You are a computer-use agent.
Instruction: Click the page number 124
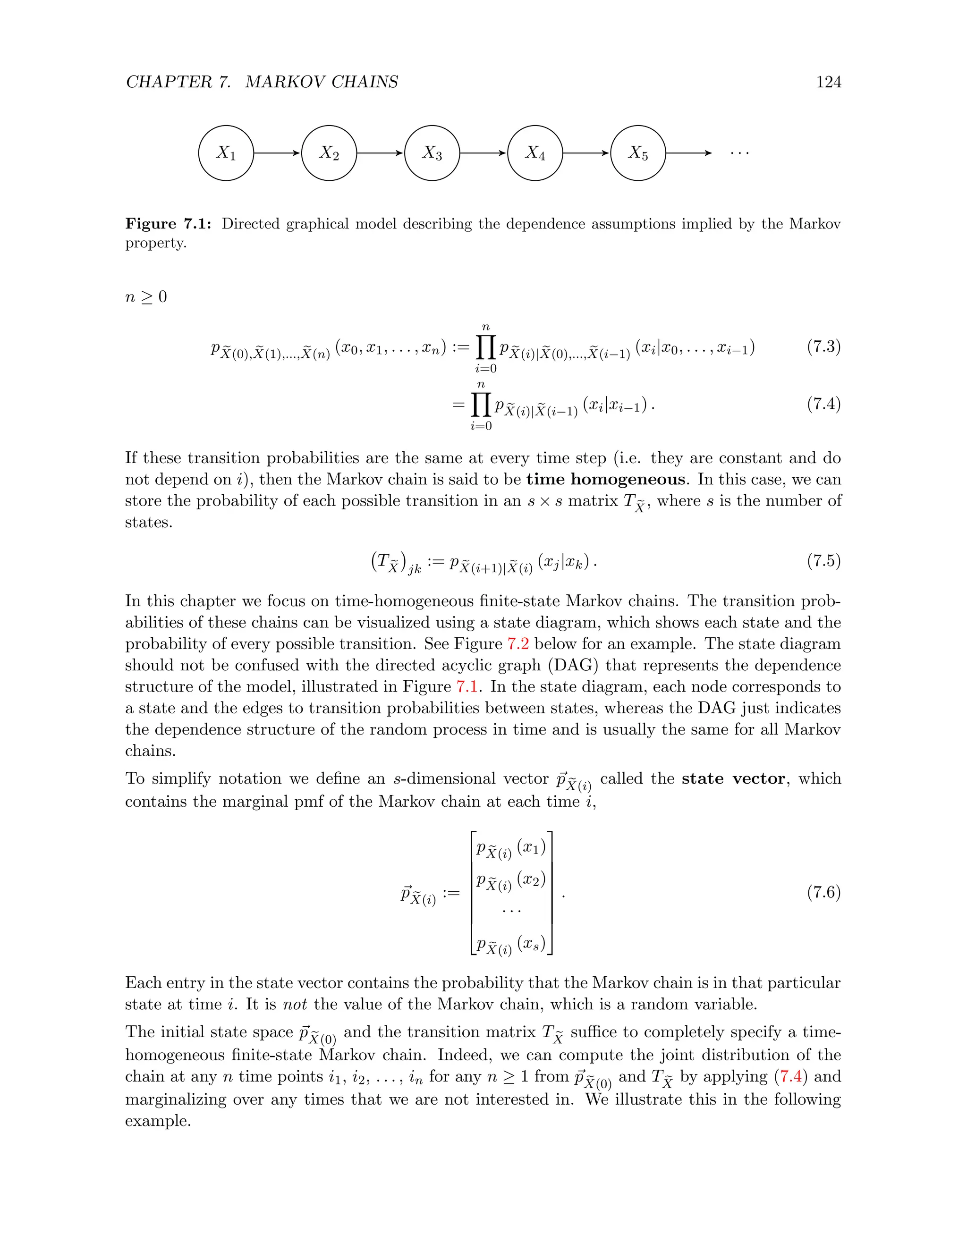(x=828, y=82)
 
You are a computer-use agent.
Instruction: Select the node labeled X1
(x=226, y=153)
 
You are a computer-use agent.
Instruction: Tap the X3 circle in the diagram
(x=432, y=153)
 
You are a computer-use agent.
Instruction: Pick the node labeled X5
(x=638, y=153)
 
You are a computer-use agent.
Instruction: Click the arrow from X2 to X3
(x=381, y=153)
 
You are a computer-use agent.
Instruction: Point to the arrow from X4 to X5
(x=586, y=153)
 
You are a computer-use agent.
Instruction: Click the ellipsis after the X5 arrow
(x=739, y=153)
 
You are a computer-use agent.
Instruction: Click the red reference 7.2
(x=518, y=644)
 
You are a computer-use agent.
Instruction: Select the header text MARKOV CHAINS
(x=322, y=82)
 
